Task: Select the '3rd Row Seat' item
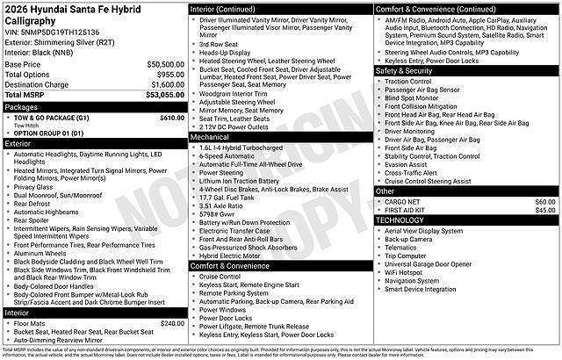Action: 218,43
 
